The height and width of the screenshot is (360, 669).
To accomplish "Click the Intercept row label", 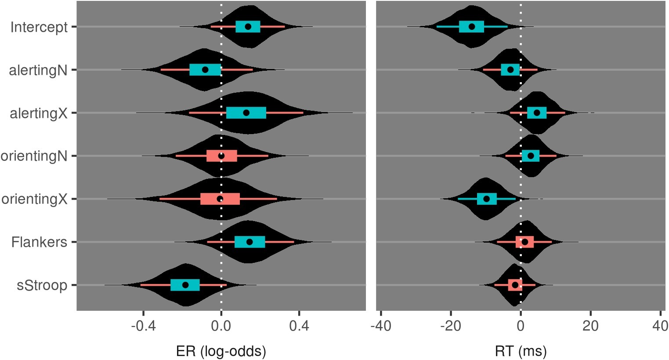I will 39,27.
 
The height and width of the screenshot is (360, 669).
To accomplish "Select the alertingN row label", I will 38,70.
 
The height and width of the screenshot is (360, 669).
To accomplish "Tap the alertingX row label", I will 38,113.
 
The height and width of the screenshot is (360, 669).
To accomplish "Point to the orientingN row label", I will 34,156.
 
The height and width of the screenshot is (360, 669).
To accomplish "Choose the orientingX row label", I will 34,200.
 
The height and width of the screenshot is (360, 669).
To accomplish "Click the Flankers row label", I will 39,243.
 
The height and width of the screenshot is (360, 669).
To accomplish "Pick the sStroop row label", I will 42,286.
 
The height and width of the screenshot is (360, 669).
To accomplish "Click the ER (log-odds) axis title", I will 221,351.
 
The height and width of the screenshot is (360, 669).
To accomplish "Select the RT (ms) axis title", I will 521,351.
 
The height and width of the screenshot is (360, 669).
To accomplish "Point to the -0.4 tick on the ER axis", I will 143,327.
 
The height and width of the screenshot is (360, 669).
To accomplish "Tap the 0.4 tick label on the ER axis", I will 299,327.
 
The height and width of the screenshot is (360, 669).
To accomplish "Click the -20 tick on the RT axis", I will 451,327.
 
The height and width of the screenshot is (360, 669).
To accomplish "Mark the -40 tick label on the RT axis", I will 380,327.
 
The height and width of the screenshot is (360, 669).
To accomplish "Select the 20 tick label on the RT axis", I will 590,327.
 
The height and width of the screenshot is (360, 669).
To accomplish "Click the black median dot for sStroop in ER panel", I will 185,285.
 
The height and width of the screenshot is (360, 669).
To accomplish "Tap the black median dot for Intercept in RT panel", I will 472,26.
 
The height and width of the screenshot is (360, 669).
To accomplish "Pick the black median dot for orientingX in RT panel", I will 486,199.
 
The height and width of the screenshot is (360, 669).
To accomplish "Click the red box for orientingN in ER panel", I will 222,156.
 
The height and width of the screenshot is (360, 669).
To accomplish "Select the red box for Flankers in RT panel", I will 524,242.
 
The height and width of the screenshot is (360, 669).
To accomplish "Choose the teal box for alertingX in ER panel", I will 246,113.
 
